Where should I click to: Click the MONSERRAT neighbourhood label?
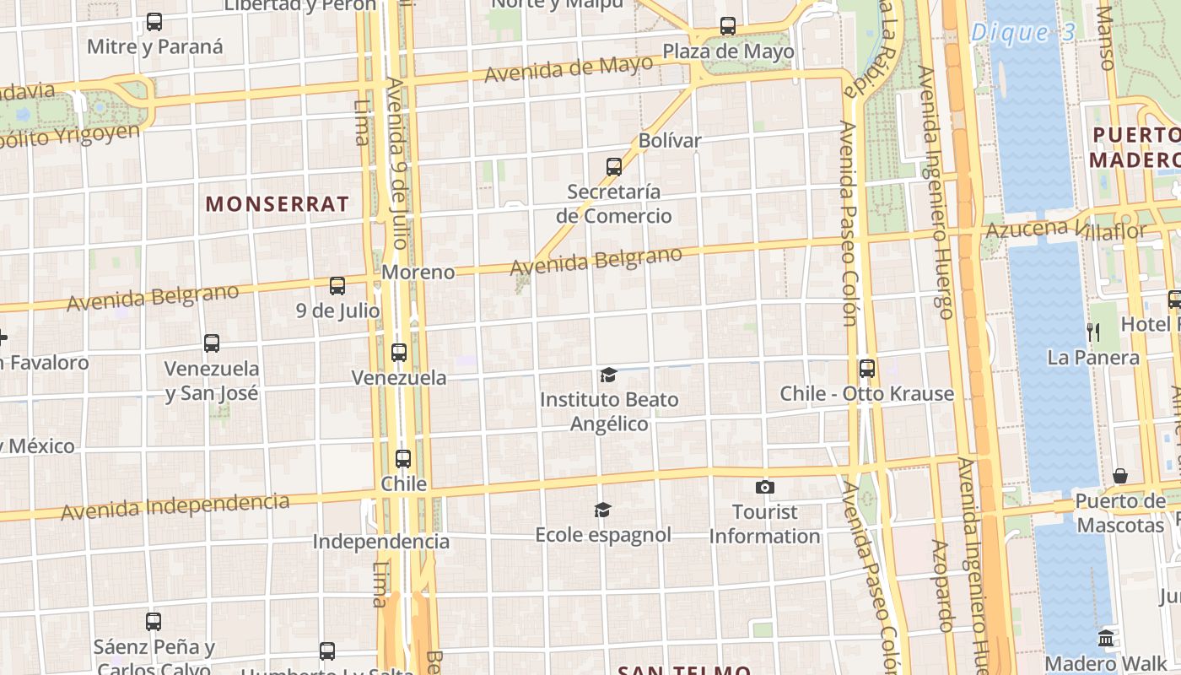tap(277, 203)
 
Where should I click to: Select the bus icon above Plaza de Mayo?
tap(728, 26)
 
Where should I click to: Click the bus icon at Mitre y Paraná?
tap(154, 22)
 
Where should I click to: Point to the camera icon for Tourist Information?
tap(765, 487)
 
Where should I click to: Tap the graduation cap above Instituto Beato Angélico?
tap(608, 375)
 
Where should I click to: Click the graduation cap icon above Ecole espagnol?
tap(602, 510)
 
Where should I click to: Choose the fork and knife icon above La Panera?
tap(1093, 332)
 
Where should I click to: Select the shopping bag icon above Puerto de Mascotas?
tap(1120, 476)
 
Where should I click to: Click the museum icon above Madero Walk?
tap(1107, 637)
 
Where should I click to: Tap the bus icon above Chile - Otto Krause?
tap(867, 369)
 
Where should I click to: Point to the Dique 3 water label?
tap(1023, 33)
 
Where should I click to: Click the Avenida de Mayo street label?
tap(569, 68)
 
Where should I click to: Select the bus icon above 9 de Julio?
tap(337, 286)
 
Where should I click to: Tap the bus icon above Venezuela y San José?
tap(212, 343)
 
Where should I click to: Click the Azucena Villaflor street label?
tap(1066, 229)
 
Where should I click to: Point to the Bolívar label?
tap(670, 140)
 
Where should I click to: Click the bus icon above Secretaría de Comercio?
tap(614, 167)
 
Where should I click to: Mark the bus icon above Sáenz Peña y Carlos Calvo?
tap(154, 622)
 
